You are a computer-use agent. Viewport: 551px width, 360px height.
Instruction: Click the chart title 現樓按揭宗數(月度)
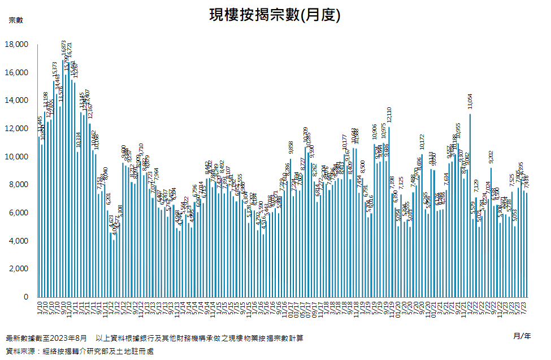pos(275,15)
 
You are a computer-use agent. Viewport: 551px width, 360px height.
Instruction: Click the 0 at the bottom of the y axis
pos(25,297)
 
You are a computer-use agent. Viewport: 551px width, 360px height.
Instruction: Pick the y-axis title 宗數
pos(16,20)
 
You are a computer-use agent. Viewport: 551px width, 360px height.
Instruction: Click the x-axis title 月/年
pos(522,336)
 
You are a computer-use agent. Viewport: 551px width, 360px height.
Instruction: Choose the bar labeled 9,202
pos(491,232)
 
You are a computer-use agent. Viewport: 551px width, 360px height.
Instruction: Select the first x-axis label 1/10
pos(39,307)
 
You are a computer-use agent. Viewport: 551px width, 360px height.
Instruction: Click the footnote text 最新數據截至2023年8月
pos(46,339)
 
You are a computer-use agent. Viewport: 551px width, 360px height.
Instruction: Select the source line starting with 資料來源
pos(79,352)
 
